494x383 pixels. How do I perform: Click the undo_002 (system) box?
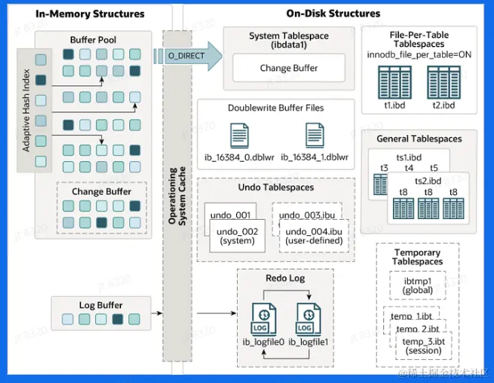[237, 237]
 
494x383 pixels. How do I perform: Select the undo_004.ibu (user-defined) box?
[313, 237]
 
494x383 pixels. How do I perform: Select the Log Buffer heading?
[101, 305]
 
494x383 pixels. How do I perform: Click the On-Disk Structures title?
[333, 13]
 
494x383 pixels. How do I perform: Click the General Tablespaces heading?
[419, 139]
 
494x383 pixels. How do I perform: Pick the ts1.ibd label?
[409, 157]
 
